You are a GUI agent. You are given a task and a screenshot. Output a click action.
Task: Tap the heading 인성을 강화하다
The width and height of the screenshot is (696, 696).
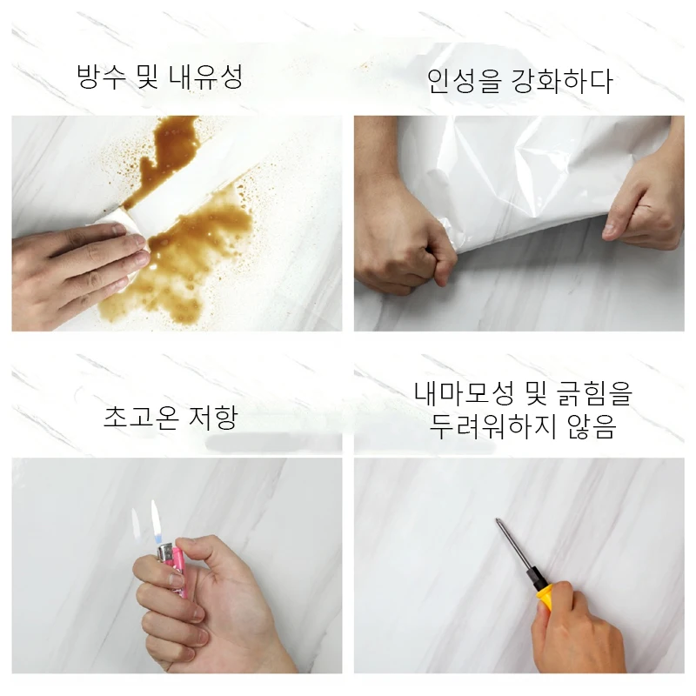pos(519,81)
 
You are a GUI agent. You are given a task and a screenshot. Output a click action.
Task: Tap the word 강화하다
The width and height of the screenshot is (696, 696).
pos(565,81)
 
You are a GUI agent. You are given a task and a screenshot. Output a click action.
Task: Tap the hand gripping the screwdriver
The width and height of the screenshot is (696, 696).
pos(579,635)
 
